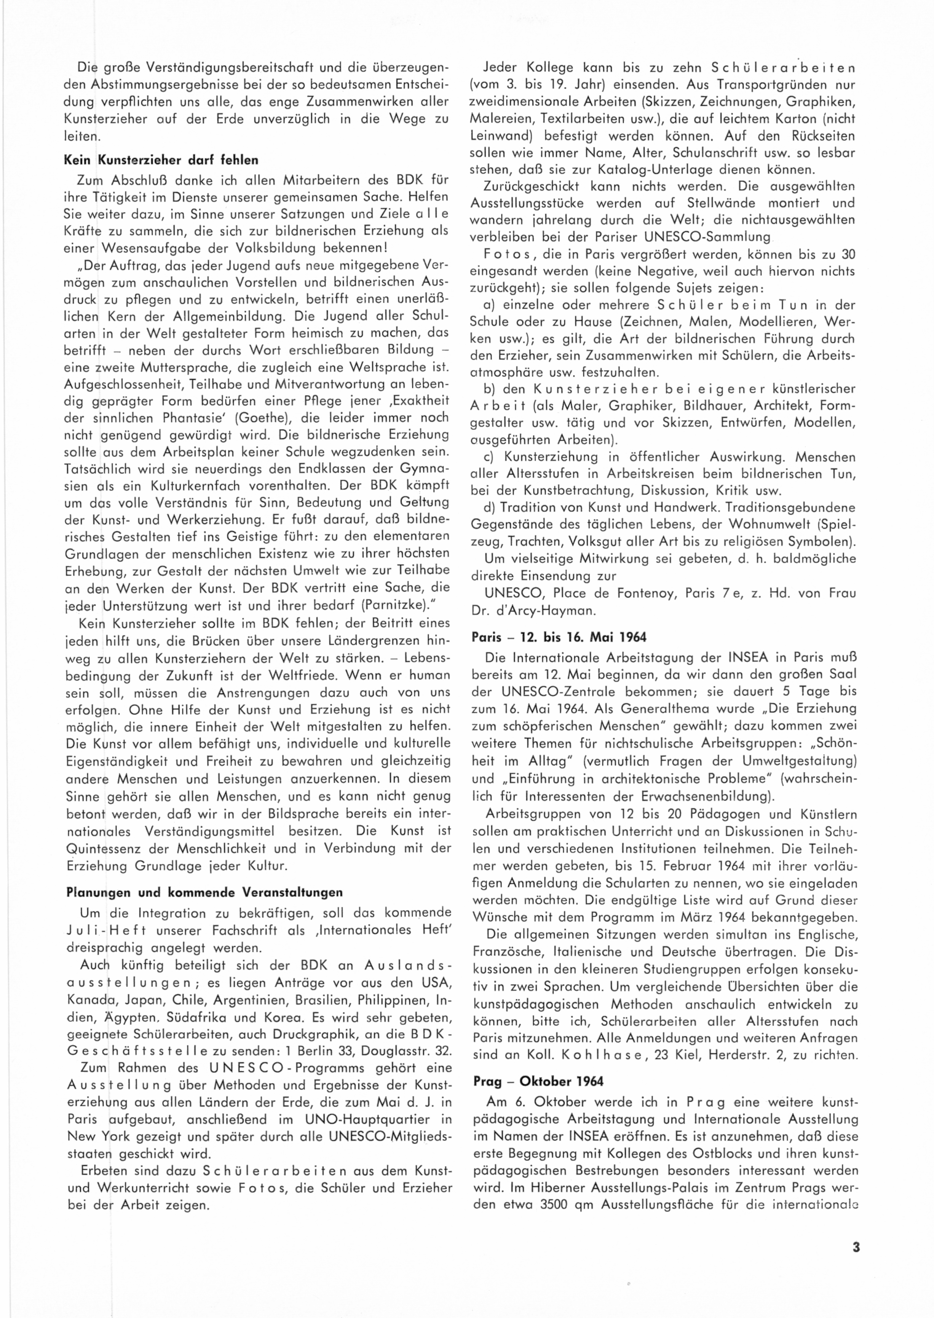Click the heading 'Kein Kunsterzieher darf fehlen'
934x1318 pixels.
[x=161, y=160]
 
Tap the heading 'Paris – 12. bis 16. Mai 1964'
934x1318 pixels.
[x=559, y=637]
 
